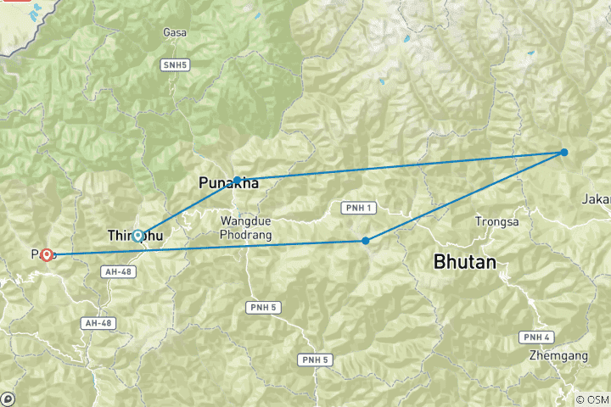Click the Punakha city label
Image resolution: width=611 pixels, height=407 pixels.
coord(227,183)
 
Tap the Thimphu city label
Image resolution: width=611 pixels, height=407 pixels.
coord(136,235)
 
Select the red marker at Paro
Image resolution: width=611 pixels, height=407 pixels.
coord(46,254)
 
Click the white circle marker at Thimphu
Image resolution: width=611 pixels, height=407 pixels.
coord(137,235)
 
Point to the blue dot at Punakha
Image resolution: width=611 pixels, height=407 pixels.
coord(238,180)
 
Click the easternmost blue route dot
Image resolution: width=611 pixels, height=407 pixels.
coord(563,153)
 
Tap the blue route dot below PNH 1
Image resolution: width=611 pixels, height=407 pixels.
coord(366,241)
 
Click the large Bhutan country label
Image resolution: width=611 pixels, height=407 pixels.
coord(464,262)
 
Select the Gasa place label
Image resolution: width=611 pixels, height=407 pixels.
coord(174,33)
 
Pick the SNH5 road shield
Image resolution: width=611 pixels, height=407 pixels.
coord(174,64)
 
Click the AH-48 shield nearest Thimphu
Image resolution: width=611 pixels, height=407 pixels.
coord(118,271)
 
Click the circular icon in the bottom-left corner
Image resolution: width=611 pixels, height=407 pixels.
coord(8,399)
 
